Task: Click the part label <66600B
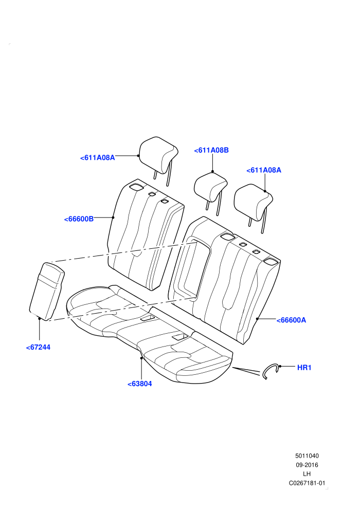[x=79, y=219]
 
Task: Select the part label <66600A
[x=291, y=320]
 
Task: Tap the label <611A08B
[x=211, y=150]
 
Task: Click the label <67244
[x=38, y=348]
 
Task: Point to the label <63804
[x=139, y=384]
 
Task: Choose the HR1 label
[x=304, y=368]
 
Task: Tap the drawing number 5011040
[x=307, y=456]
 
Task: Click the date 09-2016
[x=307, y=465]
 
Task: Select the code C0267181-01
[x=307, y=483]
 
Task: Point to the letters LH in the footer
[x=307, y=474]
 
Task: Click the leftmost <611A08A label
[x=97, y=158]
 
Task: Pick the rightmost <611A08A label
[x=264, y=170]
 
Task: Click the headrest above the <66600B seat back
[x=158, y=156]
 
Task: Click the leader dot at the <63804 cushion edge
[x=141, y=358]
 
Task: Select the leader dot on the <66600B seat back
[x=113, y=217]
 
